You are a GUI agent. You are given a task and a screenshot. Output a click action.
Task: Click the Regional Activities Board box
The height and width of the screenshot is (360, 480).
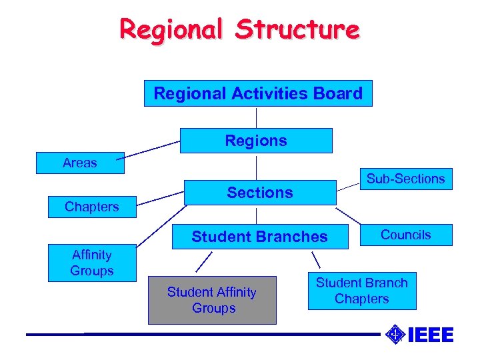258,93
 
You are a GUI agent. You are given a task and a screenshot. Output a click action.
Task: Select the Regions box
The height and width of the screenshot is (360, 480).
256,141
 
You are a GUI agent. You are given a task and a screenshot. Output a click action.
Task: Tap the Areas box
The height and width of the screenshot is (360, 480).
80,163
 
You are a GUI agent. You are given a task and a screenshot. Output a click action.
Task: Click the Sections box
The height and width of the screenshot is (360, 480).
259,193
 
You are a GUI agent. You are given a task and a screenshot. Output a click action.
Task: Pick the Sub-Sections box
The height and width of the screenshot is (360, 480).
405,179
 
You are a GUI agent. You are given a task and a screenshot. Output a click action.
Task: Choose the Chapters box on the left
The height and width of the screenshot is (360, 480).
92,207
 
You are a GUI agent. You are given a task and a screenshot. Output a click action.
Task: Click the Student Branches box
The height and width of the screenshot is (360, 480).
259,237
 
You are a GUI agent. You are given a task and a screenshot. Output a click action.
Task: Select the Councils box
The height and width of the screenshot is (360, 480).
405,235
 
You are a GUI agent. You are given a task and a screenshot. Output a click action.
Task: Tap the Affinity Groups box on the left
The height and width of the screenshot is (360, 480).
92,263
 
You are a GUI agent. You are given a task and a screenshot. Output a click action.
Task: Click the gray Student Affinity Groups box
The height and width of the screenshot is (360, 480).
212,300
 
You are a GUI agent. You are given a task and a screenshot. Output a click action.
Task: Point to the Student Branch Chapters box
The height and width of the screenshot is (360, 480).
361,291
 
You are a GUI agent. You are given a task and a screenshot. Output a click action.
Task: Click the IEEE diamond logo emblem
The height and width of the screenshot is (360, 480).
395,334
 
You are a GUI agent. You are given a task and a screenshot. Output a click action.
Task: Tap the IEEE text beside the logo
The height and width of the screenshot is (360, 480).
430,335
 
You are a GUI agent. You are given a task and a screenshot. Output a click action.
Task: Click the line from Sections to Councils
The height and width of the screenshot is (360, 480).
347,215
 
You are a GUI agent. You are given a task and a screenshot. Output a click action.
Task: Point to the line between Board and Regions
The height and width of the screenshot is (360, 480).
257,117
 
